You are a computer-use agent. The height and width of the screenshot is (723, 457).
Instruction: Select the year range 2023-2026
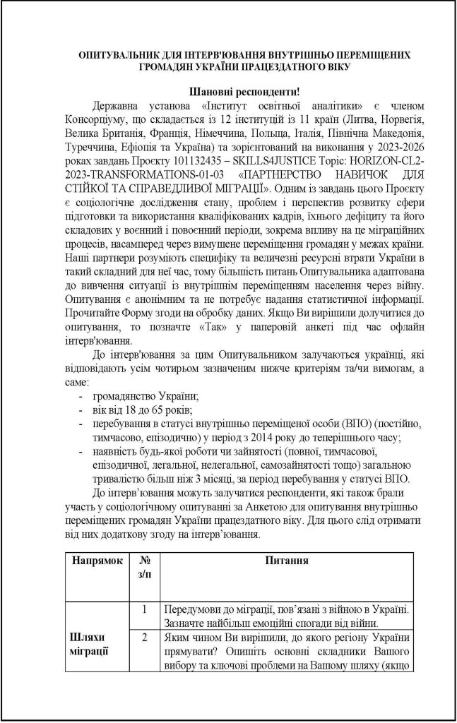(400, 144)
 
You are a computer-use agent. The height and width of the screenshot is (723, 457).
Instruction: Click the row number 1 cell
(144, 608)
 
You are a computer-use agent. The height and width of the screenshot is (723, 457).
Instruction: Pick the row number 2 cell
(144, 638)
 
